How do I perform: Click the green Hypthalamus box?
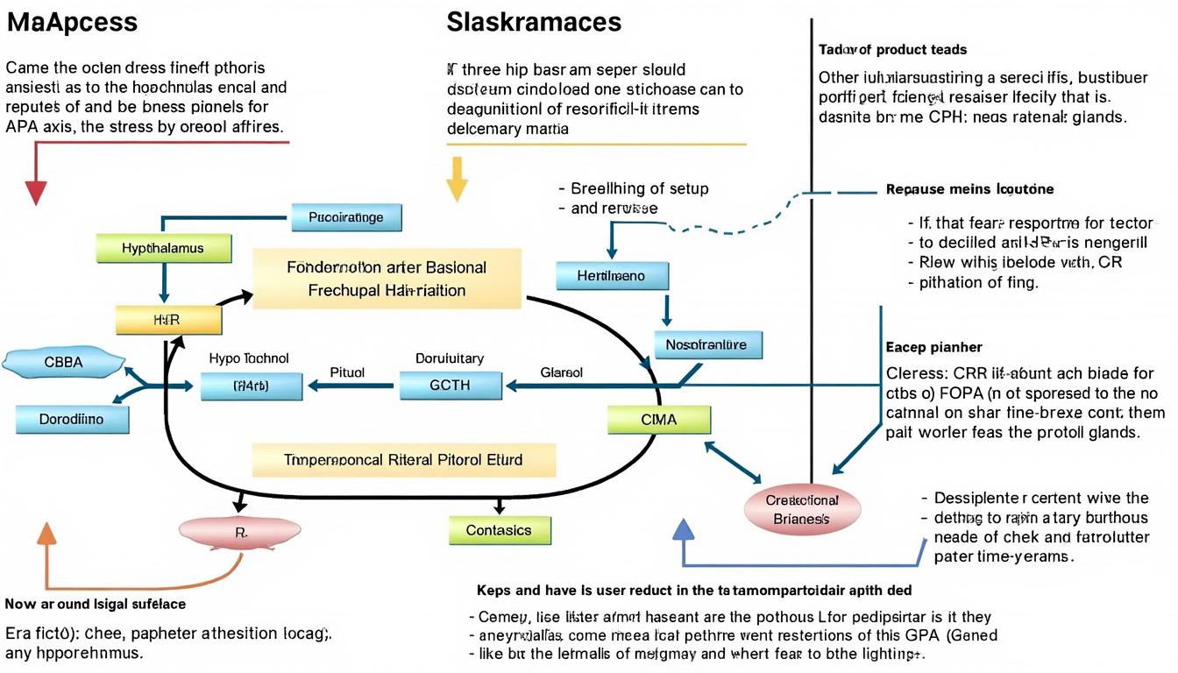pyautogui.click(x=164, y=248)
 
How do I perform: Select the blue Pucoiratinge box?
pyautogui.click(x=345, y=217)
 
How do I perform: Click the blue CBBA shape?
pyautogui.click(x=63, y=362)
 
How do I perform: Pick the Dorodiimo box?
pyautogui.click(x=72, y=419)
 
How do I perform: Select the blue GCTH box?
pyautogui.click(x=451, y=385)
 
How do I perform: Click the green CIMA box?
pyautogui.click(x=658, y=420)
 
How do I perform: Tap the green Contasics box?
pyautogui.click(x=499, y=530)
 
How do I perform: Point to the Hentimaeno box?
pyautogui.click(x=611, y=276)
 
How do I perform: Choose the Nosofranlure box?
pyautogui.click(x=707, y=344)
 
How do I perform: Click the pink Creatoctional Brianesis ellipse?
pyautogui.click(x=801, y=509)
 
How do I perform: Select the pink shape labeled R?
pyautogui.click(x=239, y=530)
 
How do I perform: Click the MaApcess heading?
pyautogui.click(x=72, y=22)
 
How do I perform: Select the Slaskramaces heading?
pyautogui.click(x=533, y=22)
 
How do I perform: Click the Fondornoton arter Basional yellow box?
pyautogui.click(x=387, y=278)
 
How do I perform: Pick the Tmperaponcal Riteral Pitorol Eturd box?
pyautogui.click(x=403, y=459)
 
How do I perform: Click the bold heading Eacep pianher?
pyautogui.click(x=933, y=347)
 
